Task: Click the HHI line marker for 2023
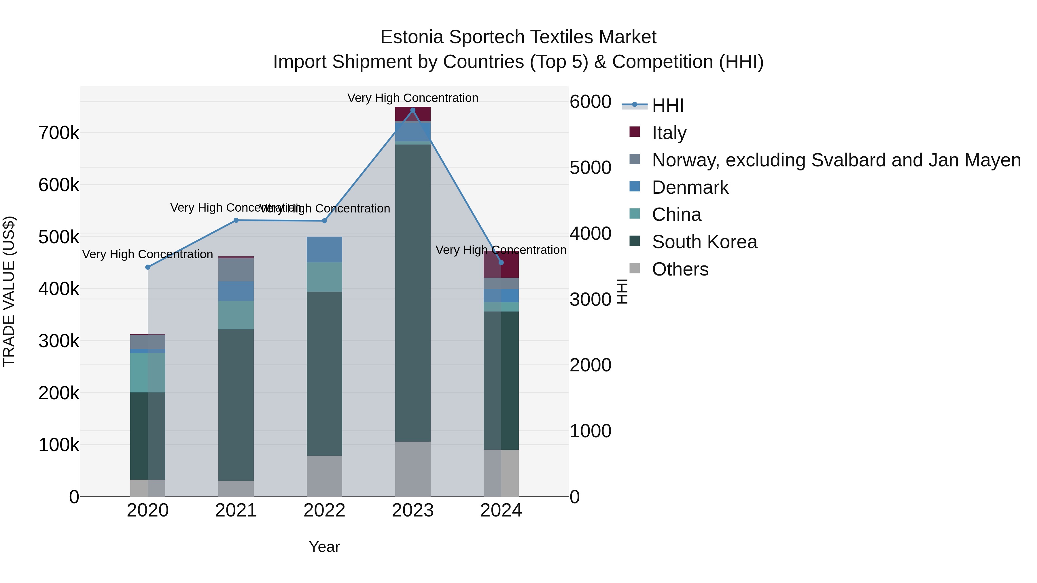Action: point(412,110)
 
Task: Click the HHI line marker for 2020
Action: point(148,267)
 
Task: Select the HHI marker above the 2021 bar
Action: point(236,221)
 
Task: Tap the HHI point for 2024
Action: point(501,263)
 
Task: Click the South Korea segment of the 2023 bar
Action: point(412,293)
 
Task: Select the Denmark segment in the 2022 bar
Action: point(324,249)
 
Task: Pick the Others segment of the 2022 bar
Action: point(324,476)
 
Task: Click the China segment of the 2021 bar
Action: point(236,315)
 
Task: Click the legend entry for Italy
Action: point(669,133)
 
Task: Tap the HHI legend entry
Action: point(667,105)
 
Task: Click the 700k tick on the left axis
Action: point(59,133)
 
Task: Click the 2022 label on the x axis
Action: point(324,510)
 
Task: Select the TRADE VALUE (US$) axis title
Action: point(9,291)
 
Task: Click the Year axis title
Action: point(324,547)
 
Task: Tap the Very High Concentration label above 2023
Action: point(412,98)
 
